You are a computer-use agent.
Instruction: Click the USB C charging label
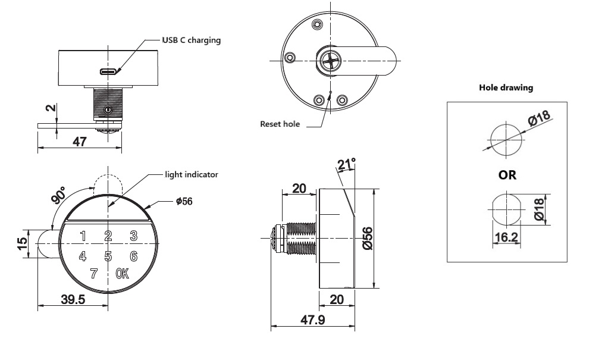pyautogui.click(x=191, y=40)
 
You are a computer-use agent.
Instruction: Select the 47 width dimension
pyautogui.click(x=79, y=142)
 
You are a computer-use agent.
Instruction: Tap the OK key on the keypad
pyautogui.click(x=123, y=274)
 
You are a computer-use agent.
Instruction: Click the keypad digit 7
pyautogui.click(x=93, y=274)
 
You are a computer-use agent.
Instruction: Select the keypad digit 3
pyautogui.click(x=134, y=236)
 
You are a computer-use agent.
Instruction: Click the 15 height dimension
pyautogui.click(x=22, y=243)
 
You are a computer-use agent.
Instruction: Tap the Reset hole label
pyautogui.click(x=280, y=124)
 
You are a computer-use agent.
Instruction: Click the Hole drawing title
pyautogui.click(x=506, y=87)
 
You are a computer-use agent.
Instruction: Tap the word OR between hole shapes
pyautogui.click(x=507, y=176)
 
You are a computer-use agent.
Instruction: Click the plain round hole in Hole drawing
pyautogui.click(x=505, y=141)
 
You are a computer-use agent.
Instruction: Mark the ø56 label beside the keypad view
pyautogui.click(x=184, y=202)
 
